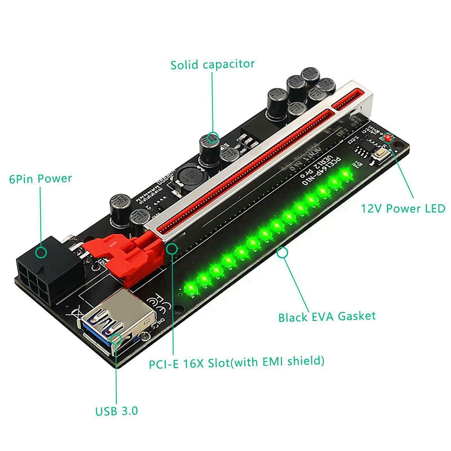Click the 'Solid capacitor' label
click(212, 64)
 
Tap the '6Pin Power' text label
click(40, 178)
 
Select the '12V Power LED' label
click(403, 208)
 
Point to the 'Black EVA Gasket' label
click(327, 316)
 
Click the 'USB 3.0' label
click(117, 411)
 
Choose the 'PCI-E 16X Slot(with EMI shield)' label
click(236, 362)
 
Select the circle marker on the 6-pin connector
click(41, 252)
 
